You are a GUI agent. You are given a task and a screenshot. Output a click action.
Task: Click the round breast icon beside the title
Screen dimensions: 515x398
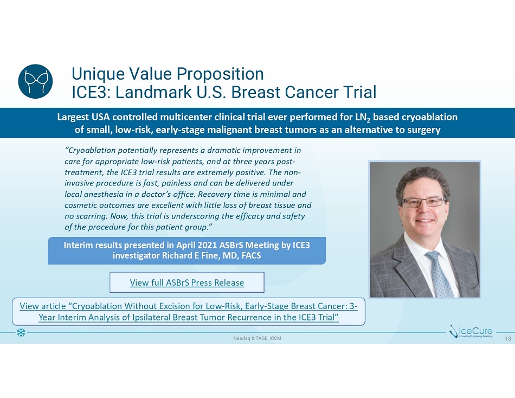(35, 81)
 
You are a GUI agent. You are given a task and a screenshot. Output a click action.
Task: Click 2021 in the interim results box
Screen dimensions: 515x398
(207, 245)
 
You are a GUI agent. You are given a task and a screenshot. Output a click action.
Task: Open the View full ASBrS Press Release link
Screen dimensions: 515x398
(187, 283)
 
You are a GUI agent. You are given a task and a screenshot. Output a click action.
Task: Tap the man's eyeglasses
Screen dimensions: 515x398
(424, 202)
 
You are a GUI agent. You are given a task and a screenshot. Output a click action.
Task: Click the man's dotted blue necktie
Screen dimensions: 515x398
(439, 273)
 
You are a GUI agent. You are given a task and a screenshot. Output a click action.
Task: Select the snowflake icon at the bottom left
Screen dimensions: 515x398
(21, 332)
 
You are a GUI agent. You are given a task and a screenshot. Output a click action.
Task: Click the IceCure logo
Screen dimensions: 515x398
(471, 332)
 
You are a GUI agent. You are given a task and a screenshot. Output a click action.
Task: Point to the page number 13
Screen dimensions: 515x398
(508, 338)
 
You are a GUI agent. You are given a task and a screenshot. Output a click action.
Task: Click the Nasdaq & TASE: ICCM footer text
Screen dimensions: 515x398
(257, 338)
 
